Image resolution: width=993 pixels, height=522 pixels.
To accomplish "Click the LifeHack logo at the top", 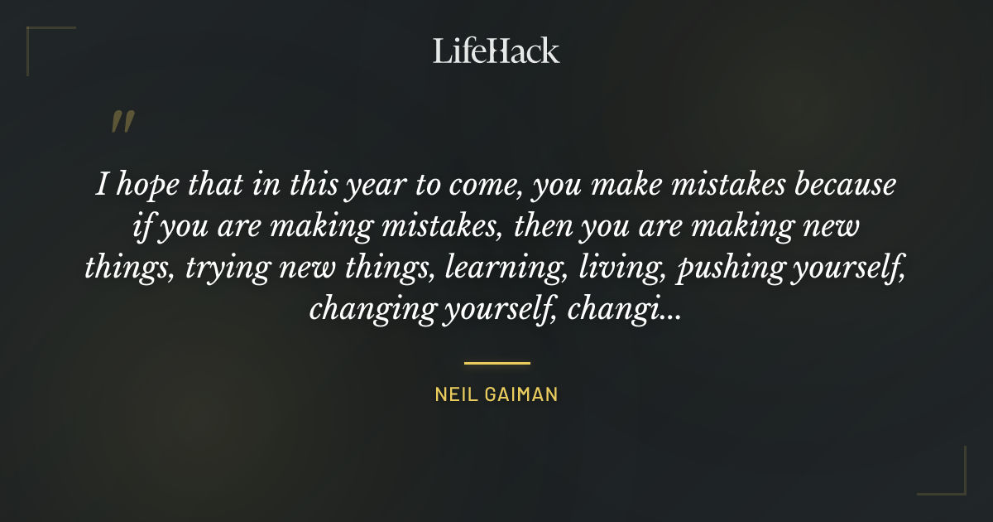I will pos(496,51).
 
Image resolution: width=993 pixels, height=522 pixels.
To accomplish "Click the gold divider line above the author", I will pos(496,363).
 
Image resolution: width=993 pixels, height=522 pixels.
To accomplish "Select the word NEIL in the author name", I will pos(453,395).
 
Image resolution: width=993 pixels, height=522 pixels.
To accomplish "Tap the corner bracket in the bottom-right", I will pos(952,481).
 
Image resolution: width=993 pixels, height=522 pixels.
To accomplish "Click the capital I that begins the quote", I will pos(101,186).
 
